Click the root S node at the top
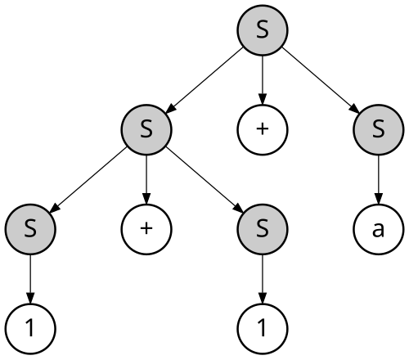(x=263, y=30)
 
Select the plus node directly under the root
(x=263, y=130)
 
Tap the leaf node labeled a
(x=379, y=229)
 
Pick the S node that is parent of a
(x=379, y=130)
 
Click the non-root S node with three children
(x=146, y=130)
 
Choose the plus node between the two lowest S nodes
(x=146, y=229)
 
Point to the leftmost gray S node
(x=30, y=229)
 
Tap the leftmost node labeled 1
(x=30, y=329)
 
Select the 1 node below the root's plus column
(x=263, y=329)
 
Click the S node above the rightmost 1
(x=263, y=229)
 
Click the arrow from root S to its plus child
(x=263, y=80)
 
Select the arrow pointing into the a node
(x=379, y=180)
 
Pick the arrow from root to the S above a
(x=321, y=80)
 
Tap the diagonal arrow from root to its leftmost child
(x=204, y=80)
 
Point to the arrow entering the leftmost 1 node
(x=30, y=279)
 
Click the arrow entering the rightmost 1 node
(x=263, y=279)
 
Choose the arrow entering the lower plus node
(x=146, y=180)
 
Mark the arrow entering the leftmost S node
(x=88, y=180)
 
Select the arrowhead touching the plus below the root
(x=263, y=99)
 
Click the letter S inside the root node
(x=263, y=30)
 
